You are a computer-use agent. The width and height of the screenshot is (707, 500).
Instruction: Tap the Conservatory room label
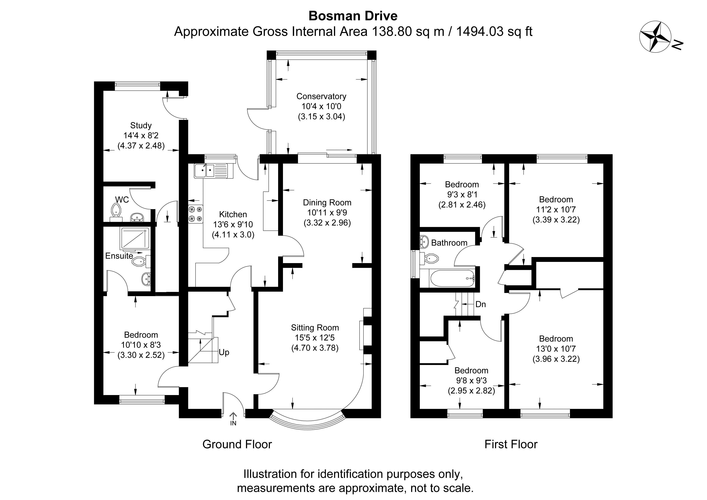coord(321,96)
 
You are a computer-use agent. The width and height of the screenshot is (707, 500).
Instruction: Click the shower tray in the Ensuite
coord(135,238)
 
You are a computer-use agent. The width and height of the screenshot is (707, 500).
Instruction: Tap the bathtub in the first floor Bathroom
coord(452,278)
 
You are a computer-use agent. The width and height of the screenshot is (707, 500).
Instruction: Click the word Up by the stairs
coord(224,352)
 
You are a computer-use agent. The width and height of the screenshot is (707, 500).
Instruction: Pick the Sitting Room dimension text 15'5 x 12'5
coord(315,338)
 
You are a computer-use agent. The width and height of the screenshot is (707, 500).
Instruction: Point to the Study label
coord(141,125)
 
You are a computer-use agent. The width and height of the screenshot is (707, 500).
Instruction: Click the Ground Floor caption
coord(237,444)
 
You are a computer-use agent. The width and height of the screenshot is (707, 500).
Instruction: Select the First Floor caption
coord(511,444)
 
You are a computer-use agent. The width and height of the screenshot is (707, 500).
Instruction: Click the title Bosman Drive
coord(353,16)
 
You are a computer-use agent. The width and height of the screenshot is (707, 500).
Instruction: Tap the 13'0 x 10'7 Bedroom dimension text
coord(556,349)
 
